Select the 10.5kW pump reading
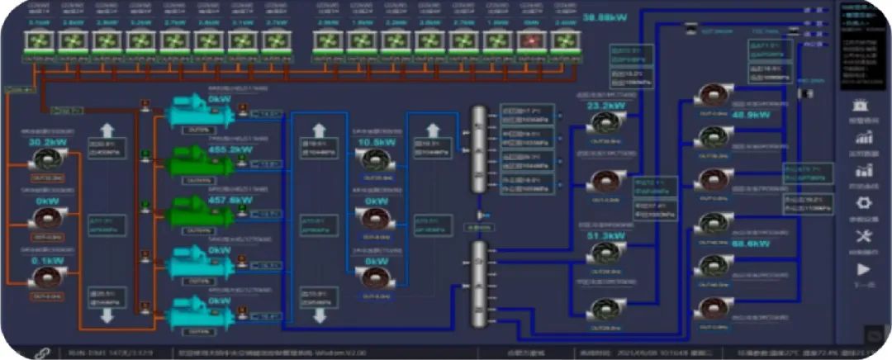click(377, 142)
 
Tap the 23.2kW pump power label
click(606, 105)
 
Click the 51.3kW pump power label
click(606, 235)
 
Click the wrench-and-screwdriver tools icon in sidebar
click(864, 237)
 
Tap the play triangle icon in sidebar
click(864, 269)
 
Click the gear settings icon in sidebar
click(864, 203)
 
